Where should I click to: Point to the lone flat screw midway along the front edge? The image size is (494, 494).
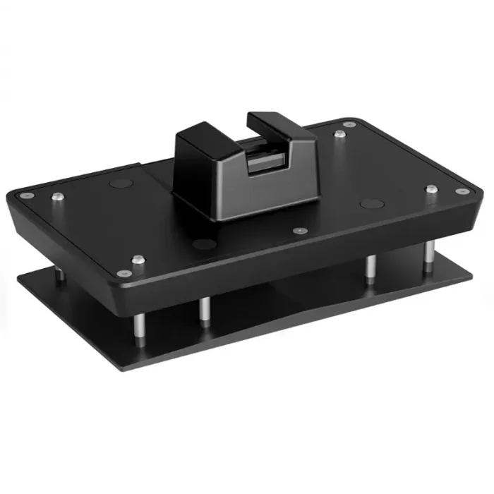tap(301, 230)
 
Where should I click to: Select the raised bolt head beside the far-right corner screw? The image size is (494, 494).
tap(430, 188)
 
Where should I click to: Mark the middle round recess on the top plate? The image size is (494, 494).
tap(204, 245)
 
